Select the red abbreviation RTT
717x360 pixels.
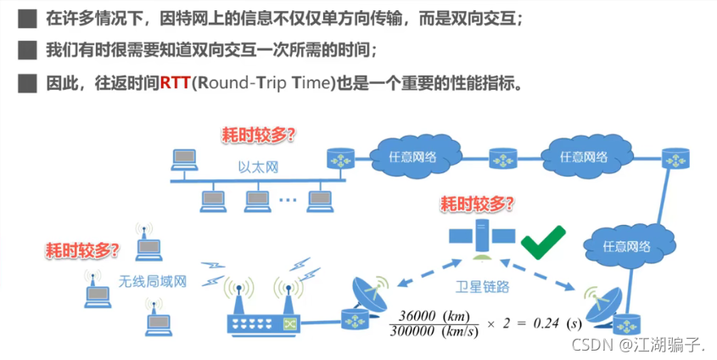tap(175, 84)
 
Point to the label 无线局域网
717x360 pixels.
tap(152, 282)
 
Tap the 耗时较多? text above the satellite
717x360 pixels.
tap(478, 204)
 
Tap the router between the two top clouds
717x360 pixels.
tap(502, 157)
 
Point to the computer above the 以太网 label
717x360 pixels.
tap(182, 158)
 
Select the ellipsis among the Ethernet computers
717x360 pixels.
tap(287, 200)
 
